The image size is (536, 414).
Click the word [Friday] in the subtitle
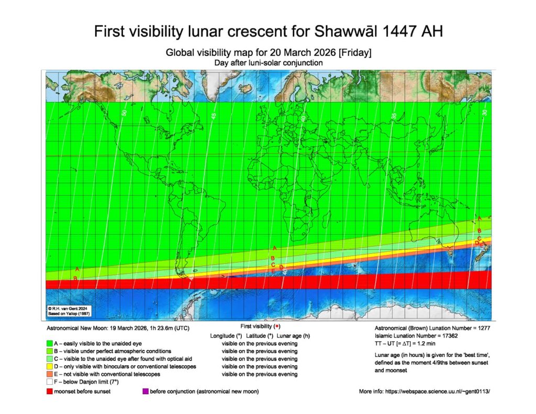354,53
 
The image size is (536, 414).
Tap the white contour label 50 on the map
125,113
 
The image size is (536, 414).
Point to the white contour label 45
214,116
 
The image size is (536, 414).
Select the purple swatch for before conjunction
145,391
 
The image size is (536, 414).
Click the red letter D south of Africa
281,267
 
